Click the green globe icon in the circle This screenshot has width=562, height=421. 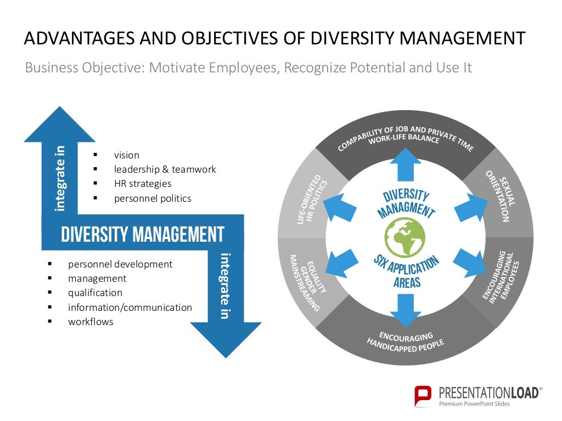coord(407,237)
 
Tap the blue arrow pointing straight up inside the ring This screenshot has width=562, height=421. coord(406,165)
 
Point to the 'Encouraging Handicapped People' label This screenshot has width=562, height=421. coord(406,341)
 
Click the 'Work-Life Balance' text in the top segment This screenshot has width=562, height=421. coord(404,139)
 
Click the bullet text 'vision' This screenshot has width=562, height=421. coord(127,155)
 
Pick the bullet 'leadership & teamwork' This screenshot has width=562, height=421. coord(165,169)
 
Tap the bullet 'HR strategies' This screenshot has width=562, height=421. coord(143,184)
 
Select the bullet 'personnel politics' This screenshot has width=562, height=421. coord(153,198)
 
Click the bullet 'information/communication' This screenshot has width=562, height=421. coord(130,308)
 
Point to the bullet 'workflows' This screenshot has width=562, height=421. coord(91,322)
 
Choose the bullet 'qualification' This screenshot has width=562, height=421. coord(95,293)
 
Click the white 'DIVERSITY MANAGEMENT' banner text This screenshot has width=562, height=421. coord(143,235)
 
